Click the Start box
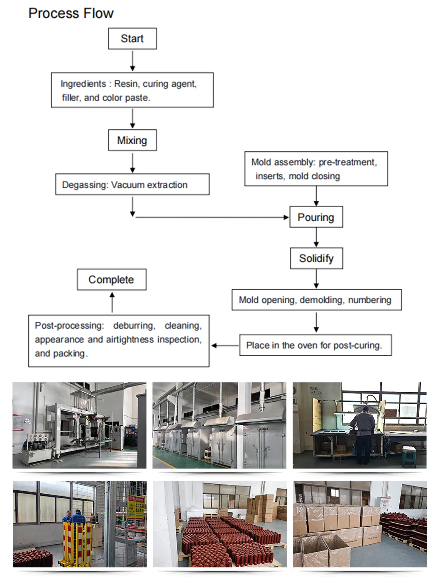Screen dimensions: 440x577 click(132, 39)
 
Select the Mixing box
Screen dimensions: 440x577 click(132, 140)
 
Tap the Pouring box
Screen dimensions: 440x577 click(316, 217)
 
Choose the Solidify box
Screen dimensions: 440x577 click(316, 258)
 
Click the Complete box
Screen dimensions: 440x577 click(112, 279)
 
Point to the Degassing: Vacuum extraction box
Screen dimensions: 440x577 click(132, 184)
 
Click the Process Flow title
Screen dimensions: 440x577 click(71, 13)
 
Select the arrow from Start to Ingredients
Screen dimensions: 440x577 click(133, 61)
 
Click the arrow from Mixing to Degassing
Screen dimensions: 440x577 click(133, 163)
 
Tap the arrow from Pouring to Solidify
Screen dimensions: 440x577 click(316, 238)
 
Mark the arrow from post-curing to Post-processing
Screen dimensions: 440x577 click(225, 345)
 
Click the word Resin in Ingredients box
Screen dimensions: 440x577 click(124, 84)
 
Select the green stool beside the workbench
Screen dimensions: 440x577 click(409, 457)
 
